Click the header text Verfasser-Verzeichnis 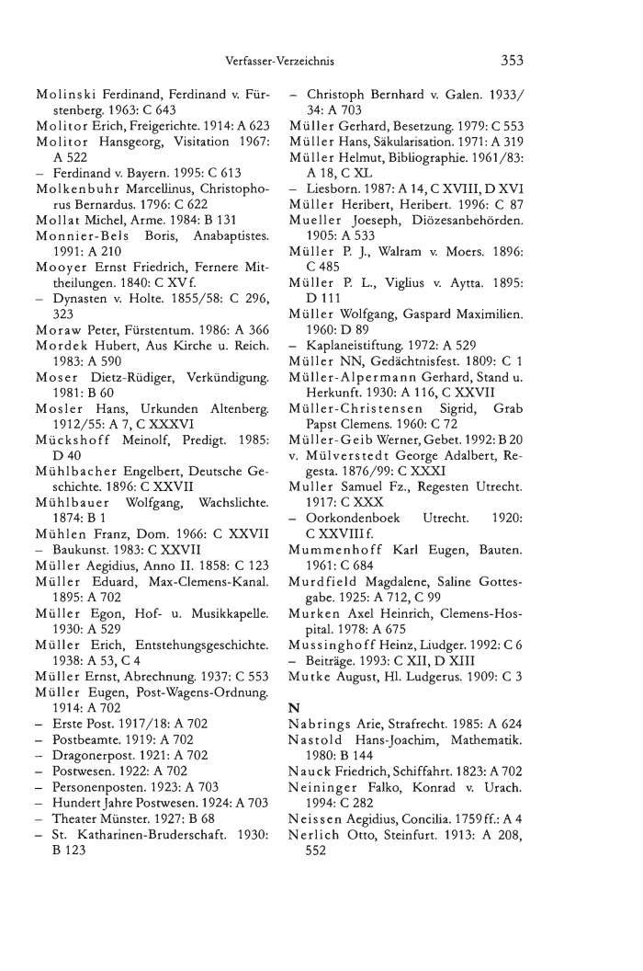click(277, 62)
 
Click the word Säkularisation click(438, 137)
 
